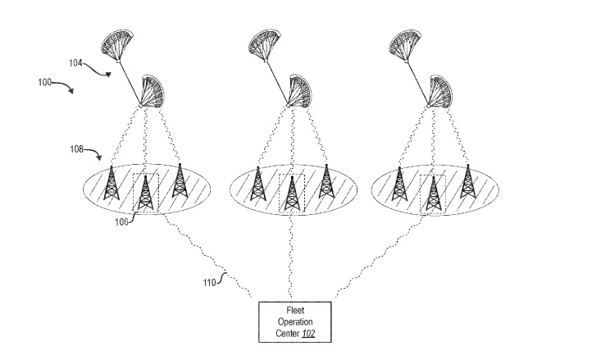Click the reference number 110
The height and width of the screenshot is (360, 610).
[209, 285]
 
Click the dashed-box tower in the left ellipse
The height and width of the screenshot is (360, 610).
[145, 194]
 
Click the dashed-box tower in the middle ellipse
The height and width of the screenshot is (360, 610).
[290, 194]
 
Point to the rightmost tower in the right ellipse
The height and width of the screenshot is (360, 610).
[467, 182]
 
